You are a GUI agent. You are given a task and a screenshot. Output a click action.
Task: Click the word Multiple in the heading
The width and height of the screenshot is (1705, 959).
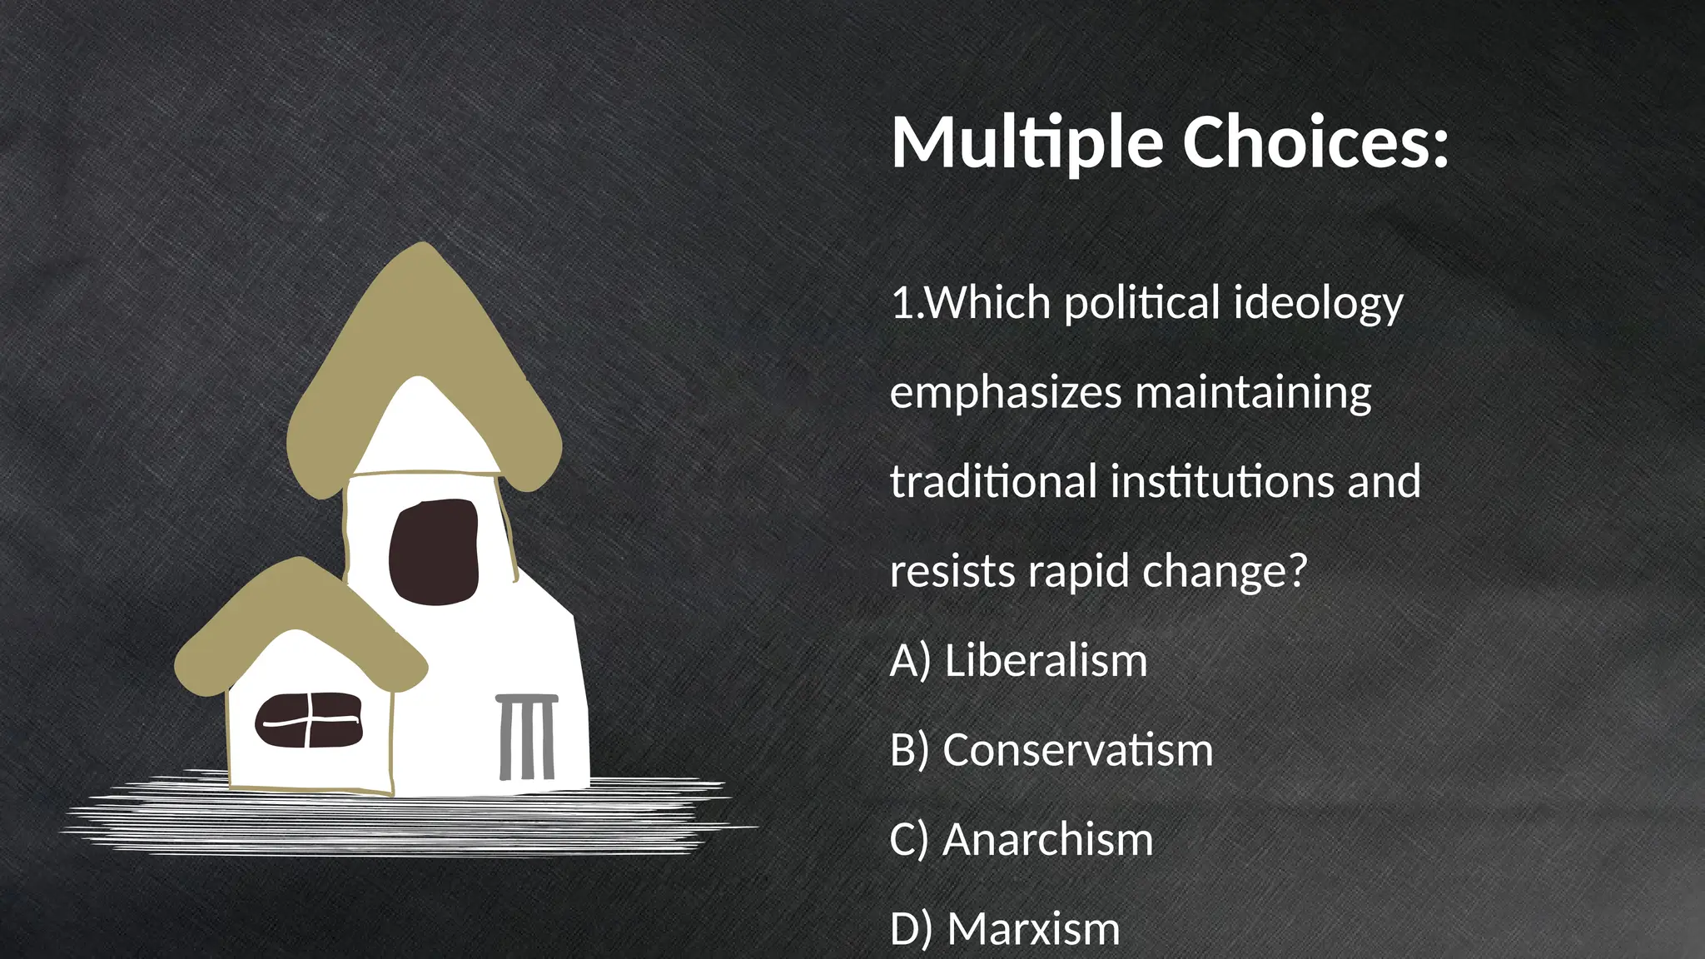click(x=1026, y=143)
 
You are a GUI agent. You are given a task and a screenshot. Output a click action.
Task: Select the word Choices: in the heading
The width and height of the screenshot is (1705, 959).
click(x=1315, y=142)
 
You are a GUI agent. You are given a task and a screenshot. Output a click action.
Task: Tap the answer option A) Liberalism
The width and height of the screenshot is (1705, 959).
click(x=1018, y=661)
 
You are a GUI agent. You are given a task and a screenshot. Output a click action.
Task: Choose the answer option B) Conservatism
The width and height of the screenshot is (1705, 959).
click(x=1051, y=751)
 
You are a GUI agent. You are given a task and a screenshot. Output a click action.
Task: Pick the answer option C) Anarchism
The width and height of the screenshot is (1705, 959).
click(x=1022, y=840)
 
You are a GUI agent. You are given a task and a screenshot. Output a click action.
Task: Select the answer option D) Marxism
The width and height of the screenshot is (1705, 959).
click(x=1005, y=929)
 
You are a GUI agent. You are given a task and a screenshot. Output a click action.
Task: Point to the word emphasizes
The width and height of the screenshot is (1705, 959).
click(x=1006, y=393)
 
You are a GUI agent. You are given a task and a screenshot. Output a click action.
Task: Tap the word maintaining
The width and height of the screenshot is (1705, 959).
click(x=1253, y=393)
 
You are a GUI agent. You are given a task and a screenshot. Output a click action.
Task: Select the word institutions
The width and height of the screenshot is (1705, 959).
click(x=1223, y=482)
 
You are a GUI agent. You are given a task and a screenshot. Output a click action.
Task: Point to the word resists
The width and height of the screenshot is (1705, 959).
click(x=952, y=572)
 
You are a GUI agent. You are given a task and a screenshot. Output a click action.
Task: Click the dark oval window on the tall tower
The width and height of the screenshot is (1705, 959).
click(x=434, y=551)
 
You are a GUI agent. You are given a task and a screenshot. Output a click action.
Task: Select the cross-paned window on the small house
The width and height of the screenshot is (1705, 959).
click(x=309, y=721)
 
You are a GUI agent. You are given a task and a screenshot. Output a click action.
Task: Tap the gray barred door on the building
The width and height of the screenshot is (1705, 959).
click(x=527, y=737)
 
